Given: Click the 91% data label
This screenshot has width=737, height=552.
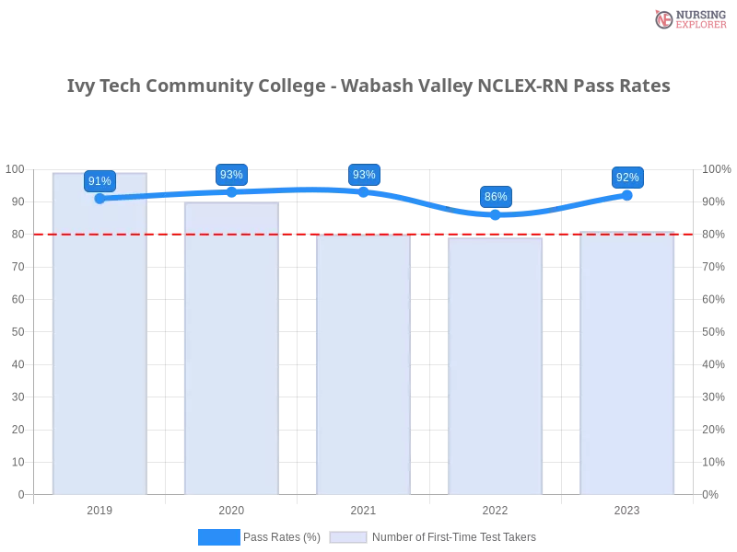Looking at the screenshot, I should pos(99,181).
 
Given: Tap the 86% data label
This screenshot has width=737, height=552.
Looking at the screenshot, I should pos(496,196).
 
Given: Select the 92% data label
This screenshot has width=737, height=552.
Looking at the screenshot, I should pos(627,177).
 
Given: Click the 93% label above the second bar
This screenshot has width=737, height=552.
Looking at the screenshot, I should pos(231,175).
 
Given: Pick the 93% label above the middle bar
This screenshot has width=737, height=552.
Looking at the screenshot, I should pos(364,175).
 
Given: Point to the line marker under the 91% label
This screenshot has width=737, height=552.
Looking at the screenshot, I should pos(99,198).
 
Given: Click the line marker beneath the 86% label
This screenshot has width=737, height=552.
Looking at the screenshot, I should pos(496,214).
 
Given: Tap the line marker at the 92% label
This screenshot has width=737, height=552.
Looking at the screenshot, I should pos(627,194).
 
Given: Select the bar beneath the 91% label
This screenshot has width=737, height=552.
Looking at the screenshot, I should pos(99,340).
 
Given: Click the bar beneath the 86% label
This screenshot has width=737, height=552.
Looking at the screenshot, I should pos(496,368).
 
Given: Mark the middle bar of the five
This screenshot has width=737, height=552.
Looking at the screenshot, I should pos(364,368).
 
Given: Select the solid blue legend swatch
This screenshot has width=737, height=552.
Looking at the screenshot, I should pos(218,536).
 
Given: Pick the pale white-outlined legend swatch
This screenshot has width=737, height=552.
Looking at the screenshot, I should pos(348,536).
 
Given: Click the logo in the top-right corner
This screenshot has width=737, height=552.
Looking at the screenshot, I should pos(688,18).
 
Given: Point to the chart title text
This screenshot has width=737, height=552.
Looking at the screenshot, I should pos(368,86).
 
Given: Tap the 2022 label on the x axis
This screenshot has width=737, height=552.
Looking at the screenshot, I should pos(496,508).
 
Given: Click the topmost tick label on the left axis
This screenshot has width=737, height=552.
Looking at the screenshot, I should pos(16,169).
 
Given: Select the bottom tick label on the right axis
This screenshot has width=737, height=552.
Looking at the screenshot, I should pos(711,494).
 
